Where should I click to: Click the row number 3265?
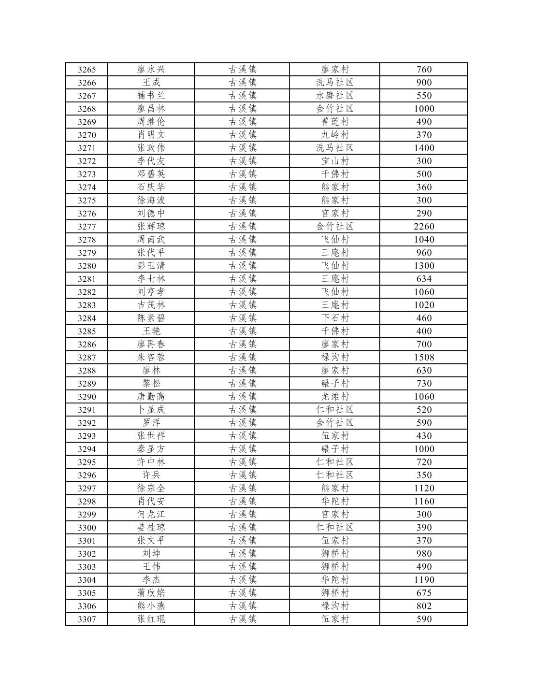coord(87,70)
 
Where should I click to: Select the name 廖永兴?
coord(151,70)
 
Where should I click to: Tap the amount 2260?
coord(424,227)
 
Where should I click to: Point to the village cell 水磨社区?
coord(334,96)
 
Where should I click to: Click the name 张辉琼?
coord(151,227)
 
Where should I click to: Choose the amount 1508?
coord(424,358)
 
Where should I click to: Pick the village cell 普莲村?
coord(334,122)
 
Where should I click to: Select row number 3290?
coord(87,397)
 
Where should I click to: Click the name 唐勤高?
coord(151,397)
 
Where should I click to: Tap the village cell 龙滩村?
coord(334,397)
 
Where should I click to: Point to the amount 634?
coord(424,279)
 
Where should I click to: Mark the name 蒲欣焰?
coord(151,593)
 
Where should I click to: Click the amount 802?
coord(424,606)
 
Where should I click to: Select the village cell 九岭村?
coord(334,135)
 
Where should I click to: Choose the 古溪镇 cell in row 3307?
coord(242,619)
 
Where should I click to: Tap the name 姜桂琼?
coord(151,528)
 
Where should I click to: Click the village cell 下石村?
coord(334,318)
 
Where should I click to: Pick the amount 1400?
coord(424,148)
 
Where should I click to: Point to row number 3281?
coord(87,279)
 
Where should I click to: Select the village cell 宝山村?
coord(334,161)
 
